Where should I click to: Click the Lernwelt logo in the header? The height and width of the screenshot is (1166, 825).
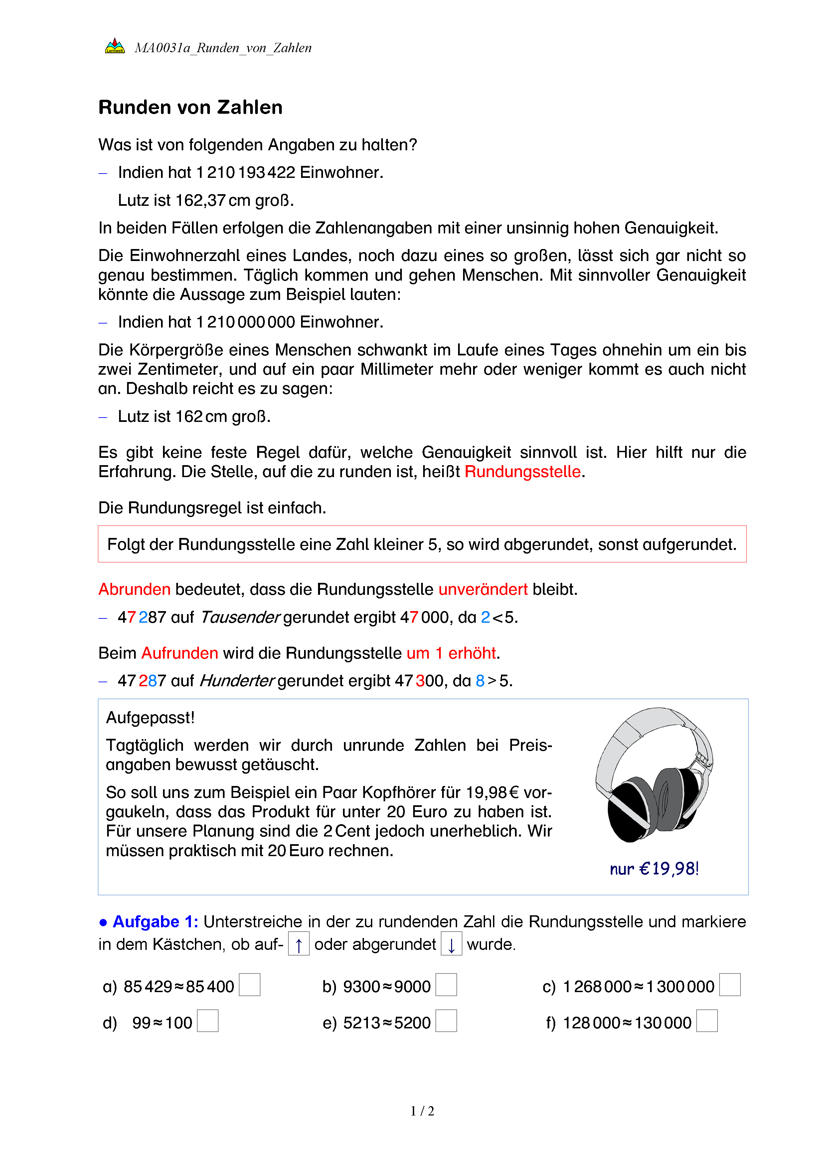pyautogui.click(x=115, y=46)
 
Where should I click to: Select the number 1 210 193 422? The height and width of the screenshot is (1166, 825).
pyautogui.click(x=246, y=173)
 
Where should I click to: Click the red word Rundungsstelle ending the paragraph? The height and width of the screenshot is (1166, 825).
pyautogui.click(x=522, y=472)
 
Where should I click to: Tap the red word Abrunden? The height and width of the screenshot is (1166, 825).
pyautogui.click(x=134, y=589)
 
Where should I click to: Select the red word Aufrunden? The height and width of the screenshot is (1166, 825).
pyautogui.click(x=179, y=653)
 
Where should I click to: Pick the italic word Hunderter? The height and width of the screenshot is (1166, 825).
pyautogui.click(x=237, y=681)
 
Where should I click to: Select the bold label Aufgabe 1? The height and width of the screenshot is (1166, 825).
pyautogui.click(x=155, y=922)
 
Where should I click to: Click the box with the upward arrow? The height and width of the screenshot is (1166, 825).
pyautogui.click(x=299, y=944)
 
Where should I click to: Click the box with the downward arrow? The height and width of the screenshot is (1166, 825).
pyautogui.click(x=451, y=944)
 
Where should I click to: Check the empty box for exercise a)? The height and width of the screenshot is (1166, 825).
pyautogui.click(x=249, y=985)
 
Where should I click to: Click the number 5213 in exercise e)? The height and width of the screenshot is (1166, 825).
pyautogui.click(x=361, y=1023)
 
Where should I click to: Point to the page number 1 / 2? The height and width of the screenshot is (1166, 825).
pyautogui.click(x=422, y=1111)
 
